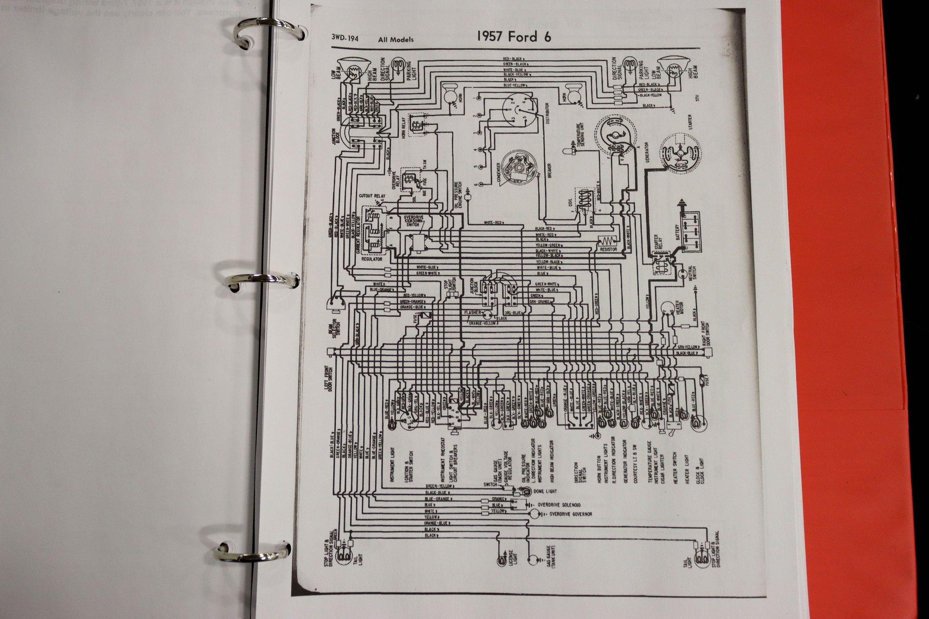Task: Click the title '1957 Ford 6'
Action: click(x=513, y=37)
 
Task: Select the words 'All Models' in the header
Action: click(x=396, y=40)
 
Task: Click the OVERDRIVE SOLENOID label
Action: click(x=560, y=504)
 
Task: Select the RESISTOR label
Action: click(x=608, y=250)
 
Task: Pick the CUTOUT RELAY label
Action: click(x=372, y=196)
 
